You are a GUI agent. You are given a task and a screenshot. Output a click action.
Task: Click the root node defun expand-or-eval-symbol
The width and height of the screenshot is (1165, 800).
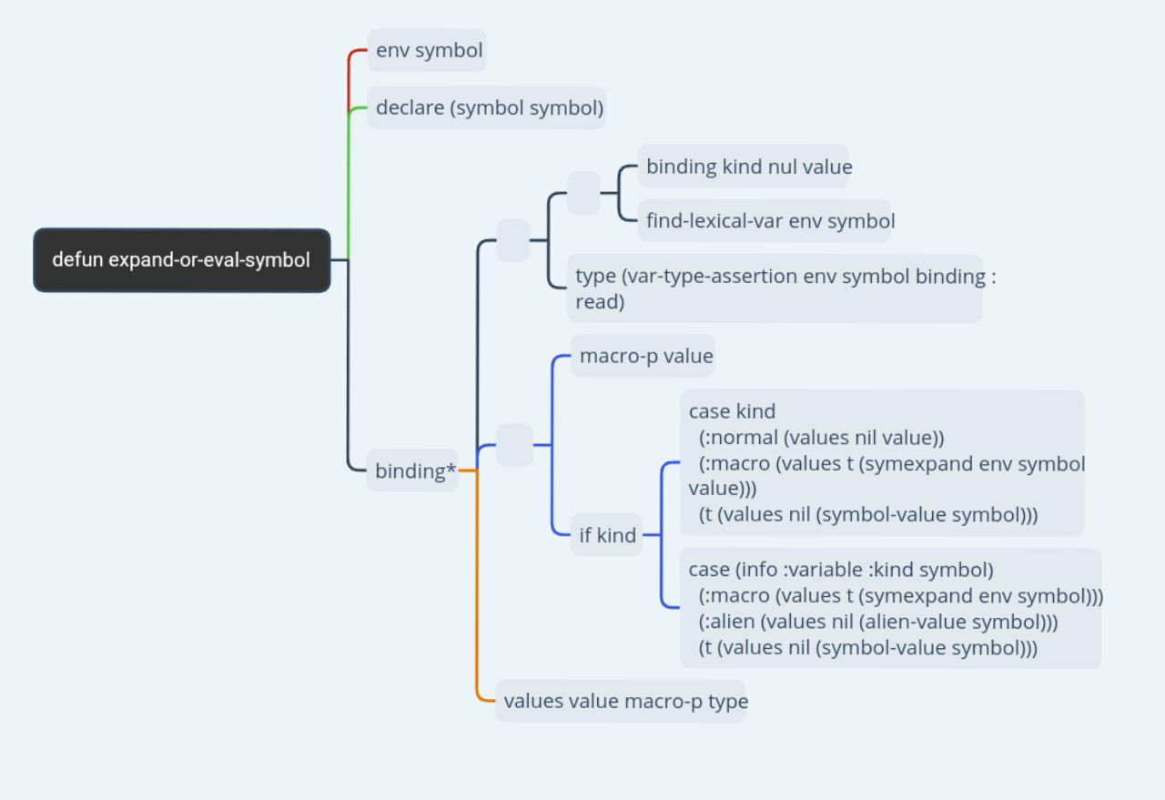click(181, 259)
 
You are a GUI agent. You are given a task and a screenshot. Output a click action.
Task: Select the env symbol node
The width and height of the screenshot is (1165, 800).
click(427, 50)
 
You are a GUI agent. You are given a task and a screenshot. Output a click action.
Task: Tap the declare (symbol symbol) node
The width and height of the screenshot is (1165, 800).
click(487, 107)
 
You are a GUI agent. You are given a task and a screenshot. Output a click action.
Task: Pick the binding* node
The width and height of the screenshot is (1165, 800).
click(412, 471)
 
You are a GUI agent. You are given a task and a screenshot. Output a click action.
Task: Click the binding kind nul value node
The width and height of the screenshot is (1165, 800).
click(744, 166)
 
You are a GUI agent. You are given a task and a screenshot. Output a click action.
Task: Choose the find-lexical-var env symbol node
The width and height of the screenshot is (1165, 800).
click(764, 220)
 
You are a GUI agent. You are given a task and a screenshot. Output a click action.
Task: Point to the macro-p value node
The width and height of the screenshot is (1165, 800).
click(643, 356)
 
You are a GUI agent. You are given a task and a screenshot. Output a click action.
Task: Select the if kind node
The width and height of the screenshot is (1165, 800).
click(606, 535)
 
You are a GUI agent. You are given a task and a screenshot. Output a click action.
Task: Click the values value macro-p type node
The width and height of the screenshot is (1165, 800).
click(621, 701)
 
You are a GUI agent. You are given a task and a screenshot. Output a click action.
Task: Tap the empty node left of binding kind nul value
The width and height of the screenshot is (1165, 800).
click(583, 193)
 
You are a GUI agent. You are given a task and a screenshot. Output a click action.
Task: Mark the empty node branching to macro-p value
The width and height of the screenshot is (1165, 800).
click(514, 445)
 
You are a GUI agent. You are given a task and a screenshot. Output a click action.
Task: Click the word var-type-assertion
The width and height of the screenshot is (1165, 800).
click(712, 276)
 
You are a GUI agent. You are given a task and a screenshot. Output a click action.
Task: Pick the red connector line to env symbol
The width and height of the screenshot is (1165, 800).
click(349, 78)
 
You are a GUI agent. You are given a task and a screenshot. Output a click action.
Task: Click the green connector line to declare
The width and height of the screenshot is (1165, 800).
click(348, 182)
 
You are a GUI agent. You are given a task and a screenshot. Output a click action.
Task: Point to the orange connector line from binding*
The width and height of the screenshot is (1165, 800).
click(476, 585)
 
